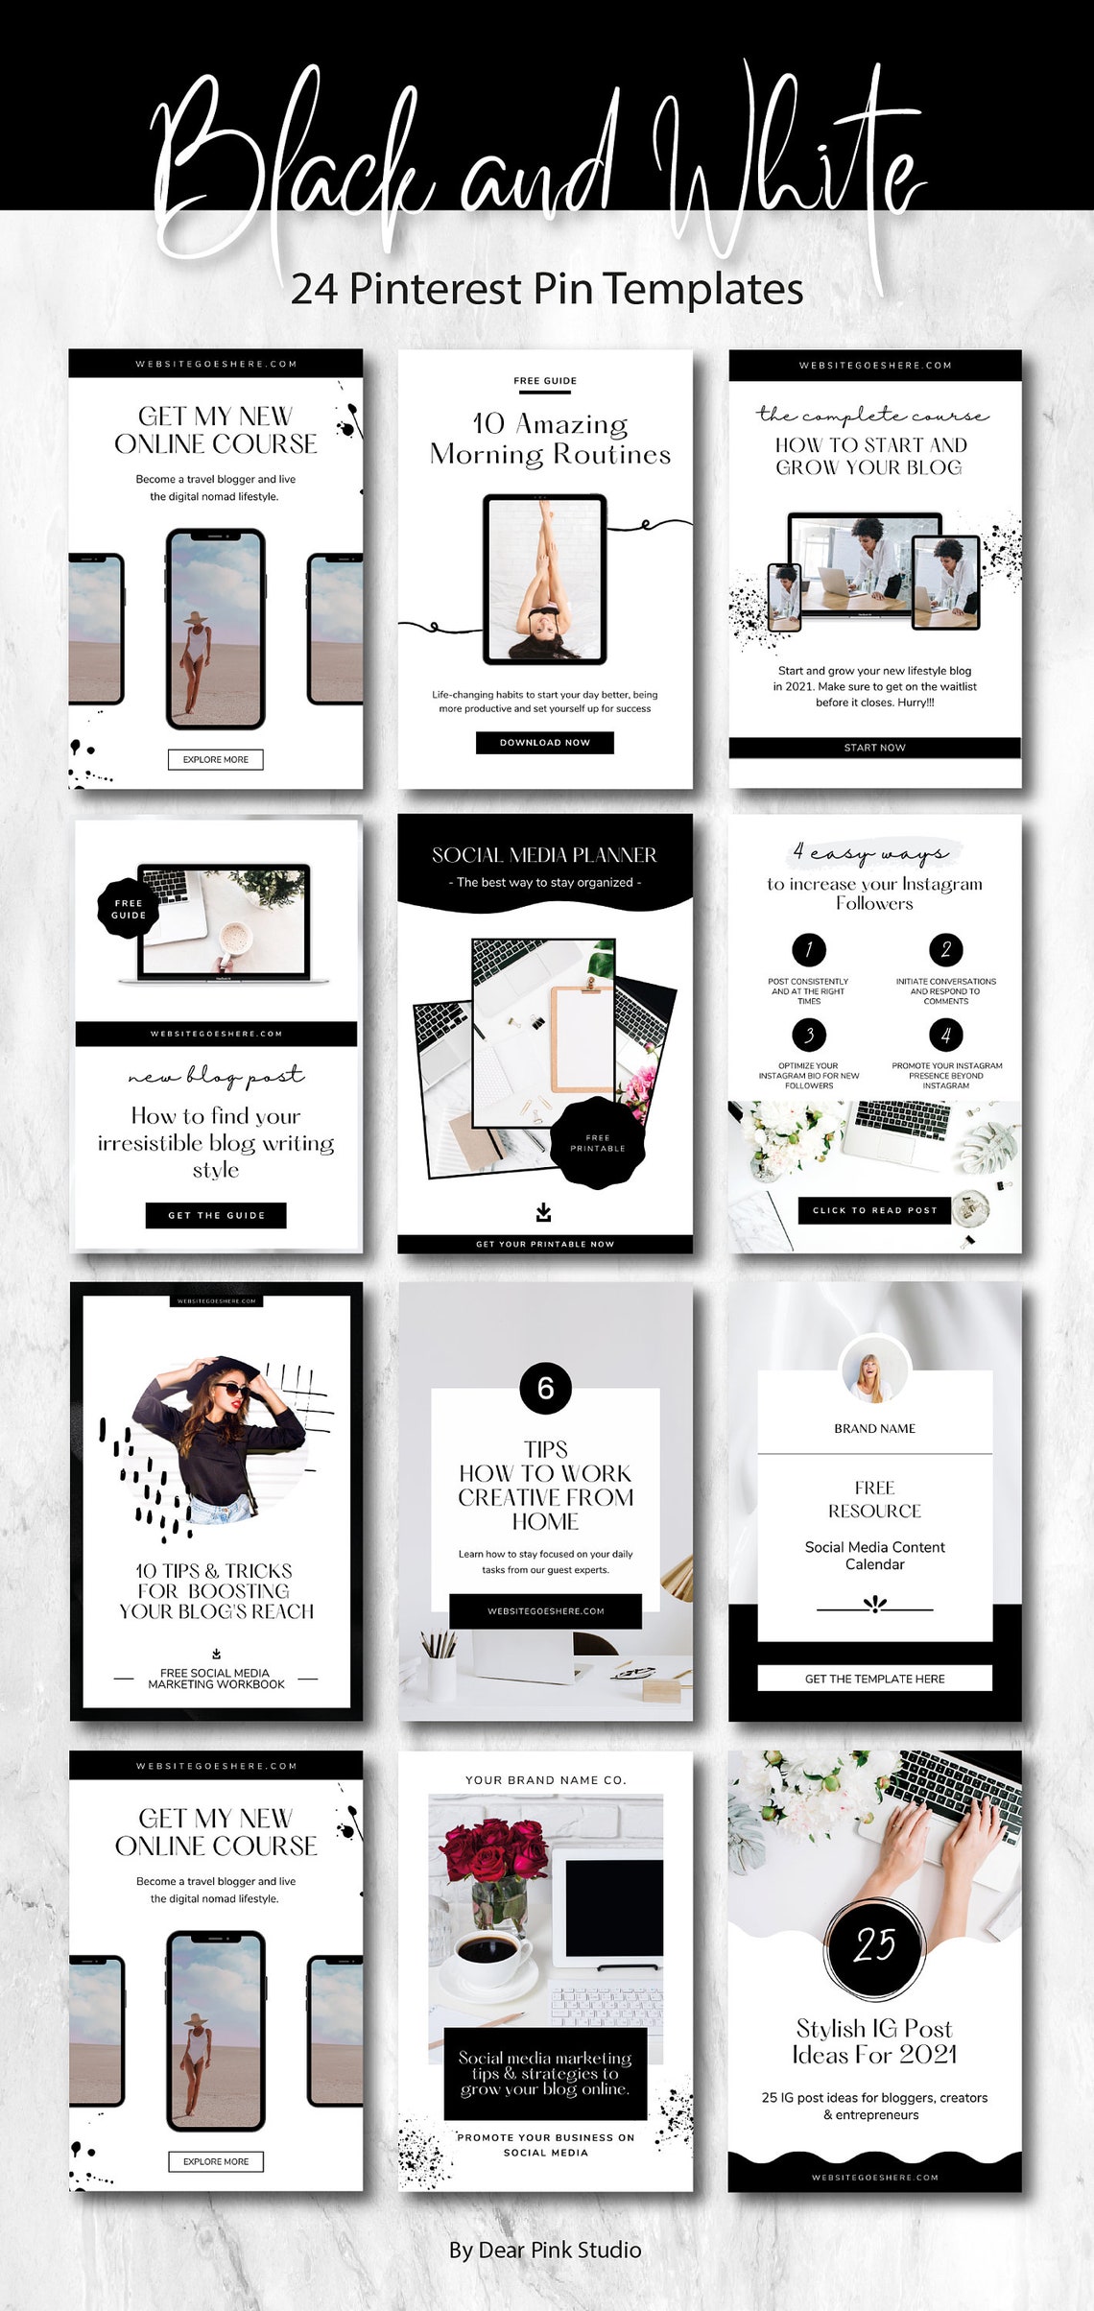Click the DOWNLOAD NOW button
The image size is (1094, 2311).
pyautogui.click(x=544, y=742)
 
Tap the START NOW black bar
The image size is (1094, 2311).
pyautogui.click(x=874, y=748)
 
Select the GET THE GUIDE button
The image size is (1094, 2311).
pyautogui.click(x=216, y=1215)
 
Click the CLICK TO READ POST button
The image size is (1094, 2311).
pyautogui.click(x=874, y=1210)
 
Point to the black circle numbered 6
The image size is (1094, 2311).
pyautogui.click(x=545, y=1388)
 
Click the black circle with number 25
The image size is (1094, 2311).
pyautogui.click(x=874, y=1945)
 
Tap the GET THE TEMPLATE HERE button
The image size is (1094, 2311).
pyautogui.click(x=874, y=1679)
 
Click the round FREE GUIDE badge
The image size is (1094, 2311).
pyautogui.click(x=128, y=909)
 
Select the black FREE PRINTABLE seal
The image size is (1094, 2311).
pyautogui.click(x=597, y=1143)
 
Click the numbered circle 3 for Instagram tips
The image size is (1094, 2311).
pyautogui.click(x=809, y=1035)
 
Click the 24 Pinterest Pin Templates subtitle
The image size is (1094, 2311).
pyautogui.click(x=547, y=289)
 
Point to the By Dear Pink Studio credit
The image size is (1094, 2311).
pyautogui.click(x=545, y=2251)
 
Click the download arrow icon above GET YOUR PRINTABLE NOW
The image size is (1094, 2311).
pyautogui.click(x=544, y=1212)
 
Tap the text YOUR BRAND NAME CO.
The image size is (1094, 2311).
pyautogui.click(x=545, y=1780)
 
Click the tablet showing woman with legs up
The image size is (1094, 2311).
pyautogui.click(x=545, y=579)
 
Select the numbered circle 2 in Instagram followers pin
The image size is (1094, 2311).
pyautogui.click(x=945, y=950)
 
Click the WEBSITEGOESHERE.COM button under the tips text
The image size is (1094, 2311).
pyautogui.click(x=545, y=1611)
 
